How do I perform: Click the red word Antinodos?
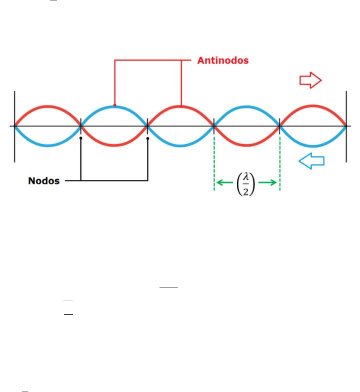tap(223, 60)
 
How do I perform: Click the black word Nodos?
tap(44, 181)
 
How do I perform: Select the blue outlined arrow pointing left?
tap(311, 160)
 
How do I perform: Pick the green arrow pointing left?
tap(225, 183)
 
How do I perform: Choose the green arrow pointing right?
tap(268, 183)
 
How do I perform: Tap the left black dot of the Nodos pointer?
tap(81, 138)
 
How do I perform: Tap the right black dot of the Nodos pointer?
tap(148, 138)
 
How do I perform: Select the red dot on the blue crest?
tap(115, 106)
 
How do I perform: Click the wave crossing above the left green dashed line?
tap(214, 126)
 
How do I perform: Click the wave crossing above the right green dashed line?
tap(280, 126)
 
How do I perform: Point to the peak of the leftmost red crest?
tap(48, 105)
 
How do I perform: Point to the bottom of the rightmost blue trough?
tap(313, 146)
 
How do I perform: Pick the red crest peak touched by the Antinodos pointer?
tap(181, 106)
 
